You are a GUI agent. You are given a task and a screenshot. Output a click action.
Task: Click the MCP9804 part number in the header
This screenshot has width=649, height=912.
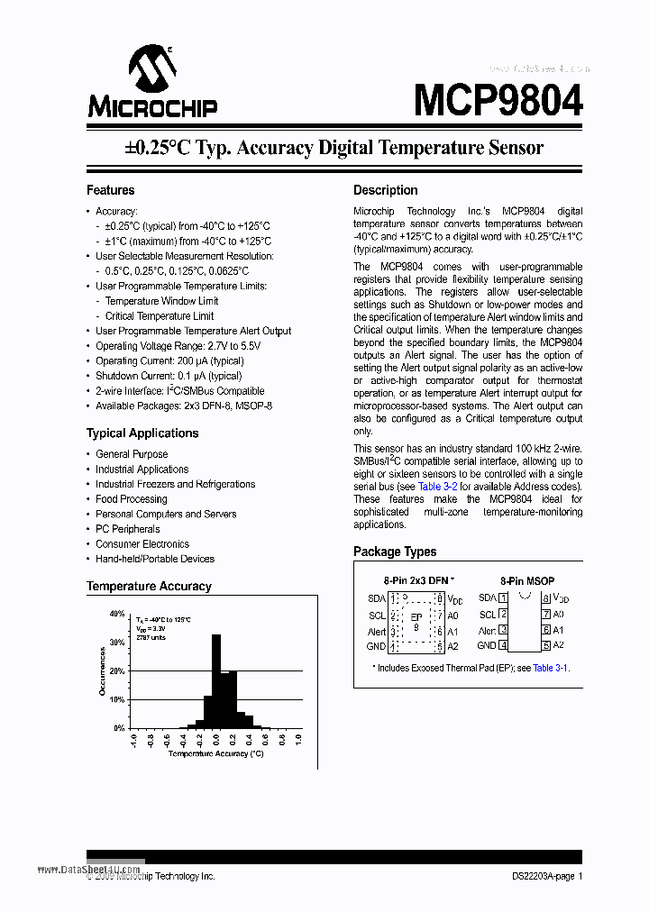point(498,99)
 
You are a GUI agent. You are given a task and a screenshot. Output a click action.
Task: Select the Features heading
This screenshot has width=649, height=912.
point(110,190)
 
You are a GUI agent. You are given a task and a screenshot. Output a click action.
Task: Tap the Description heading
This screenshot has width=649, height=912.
point(385,190)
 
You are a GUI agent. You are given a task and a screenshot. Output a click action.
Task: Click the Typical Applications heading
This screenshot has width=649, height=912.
point(142,433)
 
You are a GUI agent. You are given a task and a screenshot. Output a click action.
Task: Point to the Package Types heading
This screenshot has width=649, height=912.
point(395,552)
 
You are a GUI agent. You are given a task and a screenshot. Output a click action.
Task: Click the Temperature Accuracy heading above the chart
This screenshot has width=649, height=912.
point(149,586)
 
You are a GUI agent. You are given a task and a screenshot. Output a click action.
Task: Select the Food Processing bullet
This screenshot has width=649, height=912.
point(132,498)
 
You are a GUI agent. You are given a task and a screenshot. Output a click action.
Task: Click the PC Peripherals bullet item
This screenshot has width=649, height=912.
point(128,529)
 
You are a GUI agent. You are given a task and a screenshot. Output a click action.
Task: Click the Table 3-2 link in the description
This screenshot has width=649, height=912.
point(443,486)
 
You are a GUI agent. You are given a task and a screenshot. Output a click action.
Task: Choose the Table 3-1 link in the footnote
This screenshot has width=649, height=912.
point(550,668)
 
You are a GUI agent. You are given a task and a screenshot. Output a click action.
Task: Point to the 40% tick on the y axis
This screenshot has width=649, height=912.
point(116,614)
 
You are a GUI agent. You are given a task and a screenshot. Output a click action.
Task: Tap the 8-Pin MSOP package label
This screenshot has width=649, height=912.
point(527,581)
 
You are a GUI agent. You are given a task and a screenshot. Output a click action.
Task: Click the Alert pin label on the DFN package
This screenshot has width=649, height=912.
point(377,632)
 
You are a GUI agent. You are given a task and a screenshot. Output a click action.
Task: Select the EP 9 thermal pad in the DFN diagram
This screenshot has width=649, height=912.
point(416,621)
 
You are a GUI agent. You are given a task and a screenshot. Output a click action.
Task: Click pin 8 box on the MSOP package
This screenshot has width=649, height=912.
point(546,598)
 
